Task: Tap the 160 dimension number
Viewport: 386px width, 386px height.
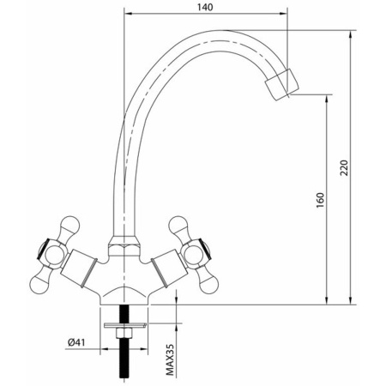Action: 318,201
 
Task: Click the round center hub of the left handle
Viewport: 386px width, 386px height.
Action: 54,254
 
